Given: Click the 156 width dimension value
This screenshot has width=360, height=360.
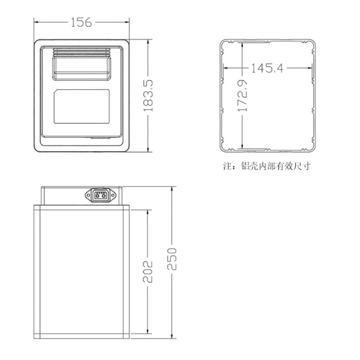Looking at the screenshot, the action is pyautogui.click(x=81, y=23).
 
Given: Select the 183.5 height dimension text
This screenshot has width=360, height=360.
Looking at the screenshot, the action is pyautogui.click(x=148, y=96).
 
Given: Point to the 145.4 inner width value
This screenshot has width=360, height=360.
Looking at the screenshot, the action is pyautogui.click(x=267, y=68).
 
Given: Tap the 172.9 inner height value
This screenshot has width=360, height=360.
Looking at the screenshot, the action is pyautogui.click(x=242, y=96).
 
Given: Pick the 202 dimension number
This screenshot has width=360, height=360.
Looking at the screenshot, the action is pyautogui.click(x=148, y=272).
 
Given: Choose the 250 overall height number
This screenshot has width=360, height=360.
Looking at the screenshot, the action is pyautogui.click(x=172, y=259).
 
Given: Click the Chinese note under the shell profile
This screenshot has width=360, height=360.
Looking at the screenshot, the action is pyautogui.click(x=267, y=166).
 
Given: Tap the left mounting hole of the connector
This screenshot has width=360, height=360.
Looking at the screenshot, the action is pyautogui.click(x=88, y=195).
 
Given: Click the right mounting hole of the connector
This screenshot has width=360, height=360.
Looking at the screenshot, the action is pyautogui.click(x=113, y=195).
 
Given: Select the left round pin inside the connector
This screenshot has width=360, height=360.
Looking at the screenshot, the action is pyautogui.click(x=97, y=196).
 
